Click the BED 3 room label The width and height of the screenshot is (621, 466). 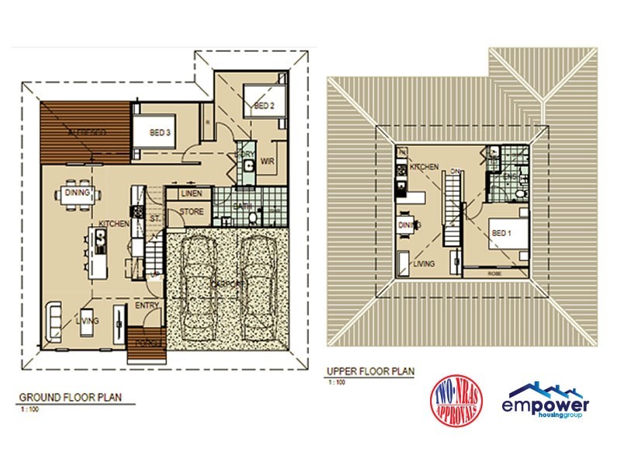160,134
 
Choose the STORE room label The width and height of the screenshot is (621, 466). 192,211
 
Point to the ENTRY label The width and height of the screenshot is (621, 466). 147,305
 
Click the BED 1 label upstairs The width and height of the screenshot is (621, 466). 501,233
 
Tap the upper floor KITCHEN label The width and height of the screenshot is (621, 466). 425,167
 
